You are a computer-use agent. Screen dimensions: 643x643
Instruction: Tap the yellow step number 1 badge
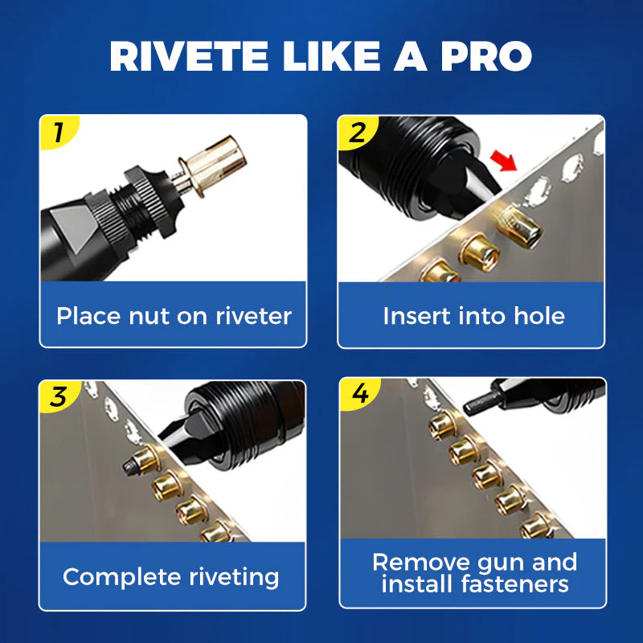point(56,132)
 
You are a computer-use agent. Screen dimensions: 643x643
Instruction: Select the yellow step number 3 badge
point(56,396)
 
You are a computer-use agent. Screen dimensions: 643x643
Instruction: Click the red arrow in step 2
point(504,163)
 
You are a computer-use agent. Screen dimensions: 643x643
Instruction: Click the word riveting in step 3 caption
point(233,577)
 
